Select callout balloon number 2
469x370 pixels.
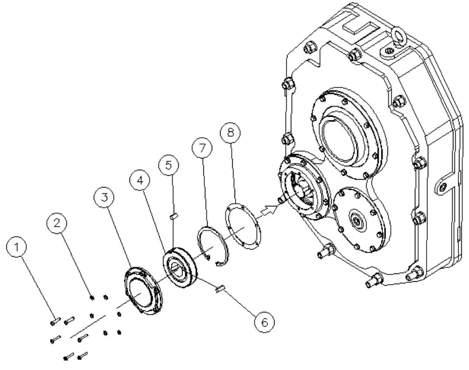coord(56,222)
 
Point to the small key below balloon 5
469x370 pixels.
coord(173,213)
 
